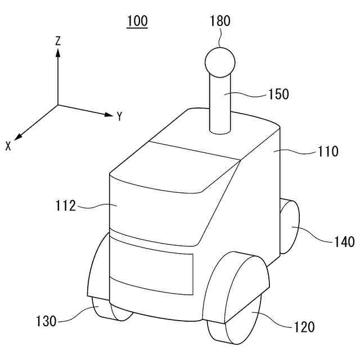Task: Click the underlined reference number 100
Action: [137, 21]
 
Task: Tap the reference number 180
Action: [219, 22]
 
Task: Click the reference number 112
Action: [66, 206]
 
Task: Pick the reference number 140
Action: [343, 242]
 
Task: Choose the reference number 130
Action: [46, 321]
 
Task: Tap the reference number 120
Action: [304, 326]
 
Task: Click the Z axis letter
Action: [58, 40]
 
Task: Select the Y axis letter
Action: [120, 117]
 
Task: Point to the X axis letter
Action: [8, 146]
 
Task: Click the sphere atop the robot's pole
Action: [219, 62]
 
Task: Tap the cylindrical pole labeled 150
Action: [220, 107]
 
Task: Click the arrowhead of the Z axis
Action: [58, 52]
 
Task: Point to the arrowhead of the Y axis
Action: [109, 115]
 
